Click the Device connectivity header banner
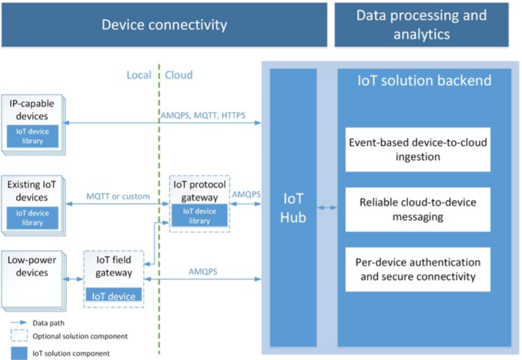[164, 25]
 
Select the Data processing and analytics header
[421, 25]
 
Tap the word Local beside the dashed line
[139, 75]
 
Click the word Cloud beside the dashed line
[179, 75]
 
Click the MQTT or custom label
[118, 196]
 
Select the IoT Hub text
[293, 209]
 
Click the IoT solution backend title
[424, 80]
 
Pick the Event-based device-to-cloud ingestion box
[418, 149]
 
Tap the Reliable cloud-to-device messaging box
[418, 210]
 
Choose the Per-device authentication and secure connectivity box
[418, 269]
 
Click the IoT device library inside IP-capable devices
[33, 137]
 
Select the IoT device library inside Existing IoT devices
[33, 217]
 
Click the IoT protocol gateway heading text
[199, 191]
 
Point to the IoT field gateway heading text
[114, 267]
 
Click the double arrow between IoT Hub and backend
[327, 208]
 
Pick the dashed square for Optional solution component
[18, 336]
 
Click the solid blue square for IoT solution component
[18, 353]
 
